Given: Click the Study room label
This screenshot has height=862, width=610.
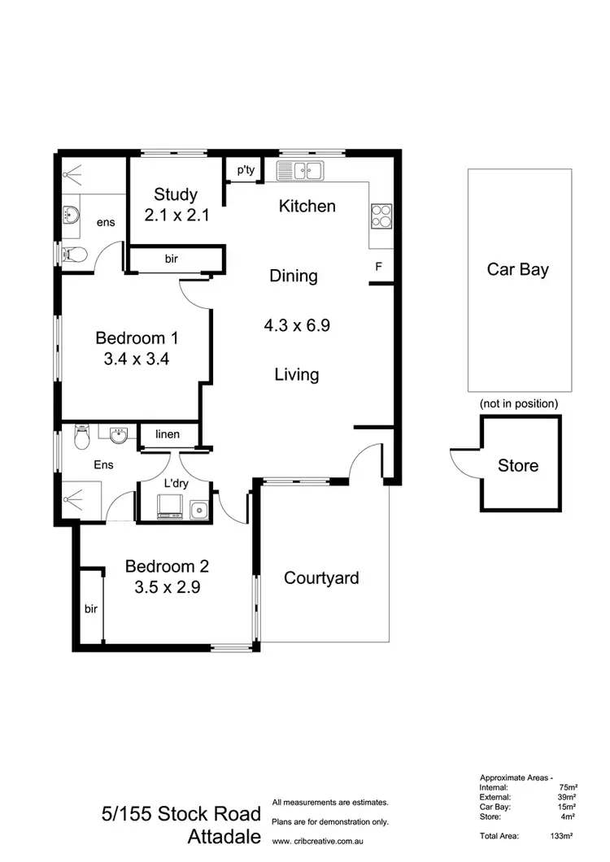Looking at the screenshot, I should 176,194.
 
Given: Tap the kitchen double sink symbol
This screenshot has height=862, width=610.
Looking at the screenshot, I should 300,171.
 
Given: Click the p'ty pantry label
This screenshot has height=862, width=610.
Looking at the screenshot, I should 245,170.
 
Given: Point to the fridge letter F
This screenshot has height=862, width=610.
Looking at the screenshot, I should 378,267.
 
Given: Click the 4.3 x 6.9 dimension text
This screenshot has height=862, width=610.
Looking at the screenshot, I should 296,325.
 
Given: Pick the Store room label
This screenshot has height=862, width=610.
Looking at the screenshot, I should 518,465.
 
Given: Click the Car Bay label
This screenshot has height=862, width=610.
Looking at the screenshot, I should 517,269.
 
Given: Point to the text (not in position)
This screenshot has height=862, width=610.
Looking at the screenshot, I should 518,403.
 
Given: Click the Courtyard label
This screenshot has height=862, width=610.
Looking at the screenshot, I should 321,578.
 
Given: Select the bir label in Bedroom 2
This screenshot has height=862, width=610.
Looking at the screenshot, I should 90,607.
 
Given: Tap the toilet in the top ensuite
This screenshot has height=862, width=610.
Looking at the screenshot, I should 74,254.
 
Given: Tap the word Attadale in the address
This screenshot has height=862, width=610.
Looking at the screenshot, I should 224,836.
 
